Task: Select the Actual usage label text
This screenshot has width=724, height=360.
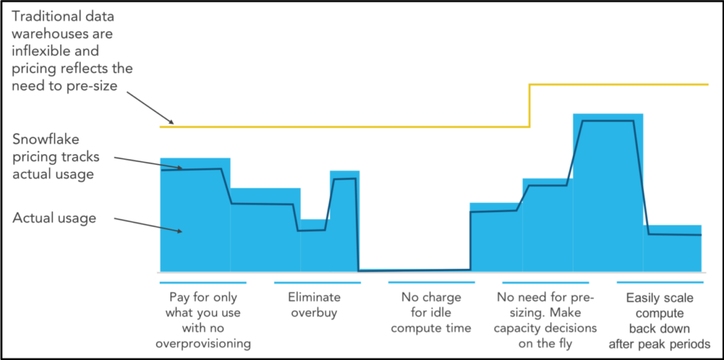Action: pyautogui.click(x=54, y=218)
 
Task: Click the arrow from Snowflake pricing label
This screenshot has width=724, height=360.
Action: pyautogui.click(x=148, y=163)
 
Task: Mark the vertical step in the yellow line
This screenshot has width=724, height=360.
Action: pyautogui.click(x=530, y=105)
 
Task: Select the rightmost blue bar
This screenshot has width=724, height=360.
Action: pyautogui.click(x=672, y=248)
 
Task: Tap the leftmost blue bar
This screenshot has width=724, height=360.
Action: pyautogui.click(x=195, y=214)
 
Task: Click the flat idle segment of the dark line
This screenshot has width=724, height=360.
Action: pyautogui.click(x=414, y=270)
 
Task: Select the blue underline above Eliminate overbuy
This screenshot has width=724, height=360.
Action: pyautogui.click(x=317, y=282)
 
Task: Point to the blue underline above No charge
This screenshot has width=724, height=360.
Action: pyautogui.click(x=431, y=282)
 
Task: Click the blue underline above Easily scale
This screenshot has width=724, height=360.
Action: pyautogui.click(x=660, y=282)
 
